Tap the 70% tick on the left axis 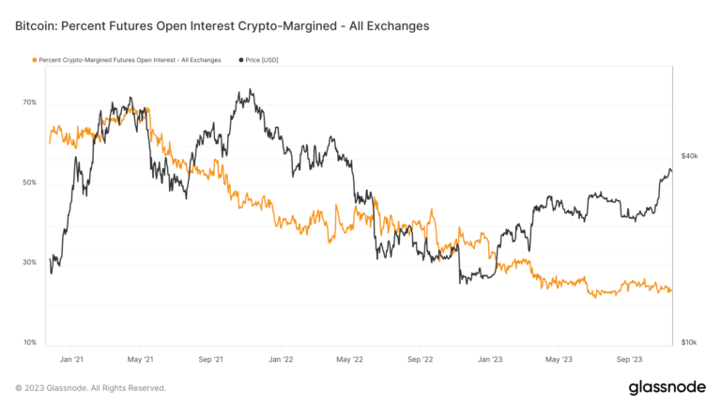pos(30,102)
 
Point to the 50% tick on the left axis pos(30,182)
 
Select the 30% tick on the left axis pos(30,262)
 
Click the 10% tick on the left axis pos(30,342)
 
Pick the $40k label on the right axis pos(690,156)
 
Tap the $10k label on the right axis pos(690,342)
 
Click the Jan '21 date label pos(71,359)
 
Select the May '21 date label pos(141,359)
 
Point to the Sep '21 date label pos(211,359)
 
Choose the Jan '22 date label pos(281,359)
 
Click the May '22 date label pos(349,359)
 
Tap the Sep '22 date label pos(420,359)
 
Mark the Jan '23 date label pos(489,359)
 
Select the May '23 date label pos(559,359)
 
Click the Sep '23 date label pos(628,359)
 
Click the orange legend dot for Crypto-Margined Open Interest pos(35,60)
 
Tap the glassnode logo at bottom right pos(667,388)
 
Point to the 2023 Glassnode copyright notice pos(90,388)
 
